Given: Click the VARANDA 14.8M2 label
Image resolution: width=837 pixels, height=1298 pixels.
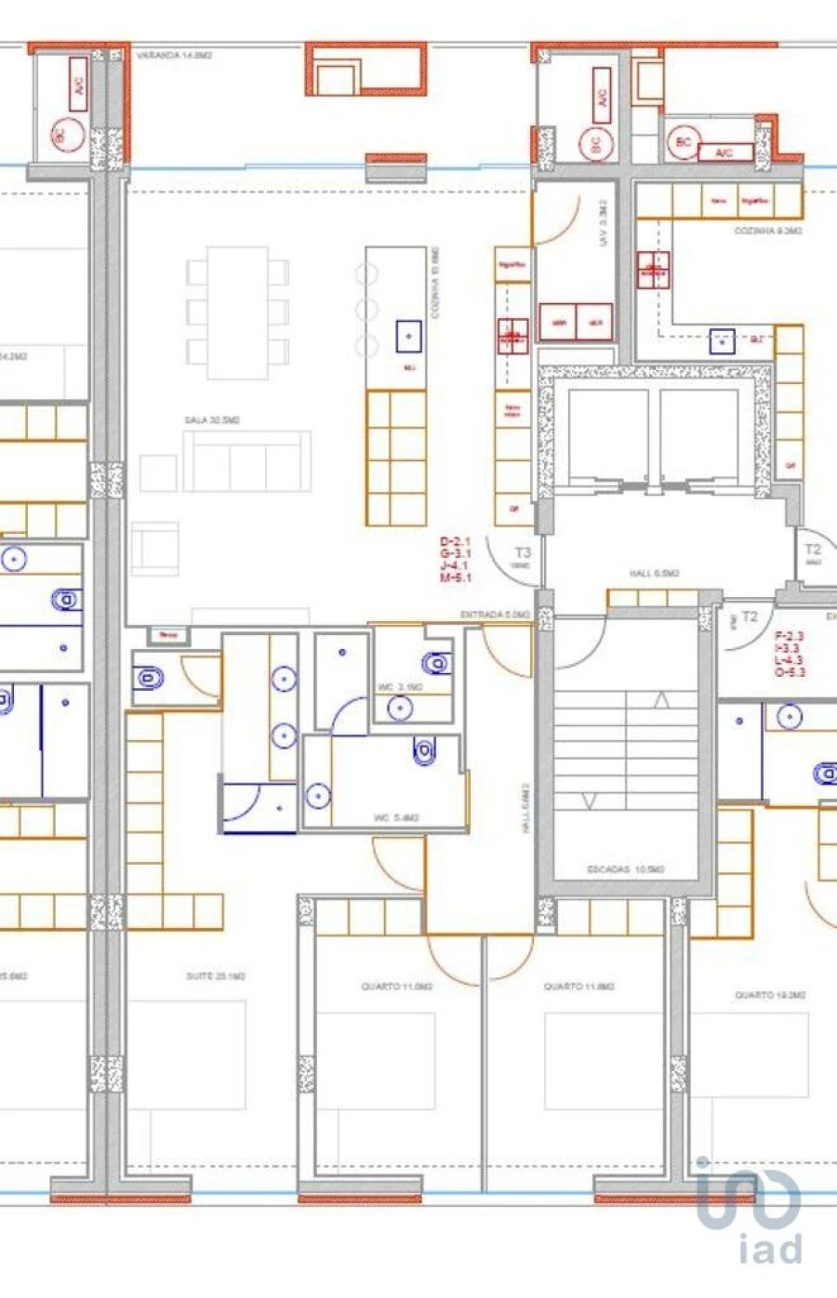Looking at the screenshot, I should click(x=175, y=56).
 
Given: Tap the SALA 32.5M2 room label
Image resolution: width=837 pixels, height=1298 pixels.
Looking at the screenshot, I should click(x=212, y=420).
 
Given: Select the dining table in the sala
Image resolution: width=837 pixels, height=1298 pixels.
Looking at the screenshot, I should click(x=237, y=312).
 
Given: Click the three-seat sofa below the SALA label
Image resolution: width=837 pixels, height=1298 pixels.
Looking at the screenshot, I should click(x=246, y=461).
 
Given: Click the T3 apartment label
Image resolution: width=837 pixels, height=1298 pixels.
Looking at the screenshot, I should click(x=523, y=552).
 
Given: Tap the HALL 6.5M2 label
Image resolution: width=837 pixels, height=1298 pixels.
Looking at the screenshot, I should click(x=655, y=574).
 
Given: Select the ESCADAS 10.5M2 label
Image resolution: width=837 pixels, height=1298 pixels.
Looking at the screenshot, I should click(x=626, y=869).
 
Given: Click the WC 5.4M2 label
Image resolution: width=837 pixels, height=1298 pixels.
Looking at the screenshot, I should click(x=396, y=818).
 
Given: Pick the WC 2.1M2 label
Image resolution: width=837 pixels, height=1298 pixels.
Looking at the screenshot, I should click(x=400, y=687).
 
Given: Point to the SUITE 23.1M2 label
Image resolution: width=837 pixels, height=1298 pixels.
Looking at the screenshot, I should click(x=216, y=976).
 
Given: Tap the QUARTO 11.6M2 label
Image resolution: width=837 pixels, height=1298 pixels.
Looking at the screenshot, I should click(x=579, y=986).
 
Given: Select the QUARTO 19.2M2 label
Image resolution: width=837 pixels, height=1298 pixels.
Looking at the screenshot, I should click(x=770, y=995).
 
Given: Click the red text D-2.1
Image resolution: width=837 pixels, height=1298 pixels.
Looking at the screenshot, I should click(x=456, y=541).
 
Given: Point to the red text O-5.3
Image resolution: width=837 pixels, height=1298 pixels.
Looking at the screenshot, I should click(x=790, y=672).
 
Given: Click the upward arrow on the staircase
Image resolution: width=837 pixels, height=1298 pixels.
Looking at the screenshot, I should click(x=661, y=700).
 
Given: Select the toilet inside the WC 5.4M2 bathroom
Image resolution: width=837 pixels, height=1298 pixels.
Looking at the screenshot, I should click(x=425, y=750).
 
